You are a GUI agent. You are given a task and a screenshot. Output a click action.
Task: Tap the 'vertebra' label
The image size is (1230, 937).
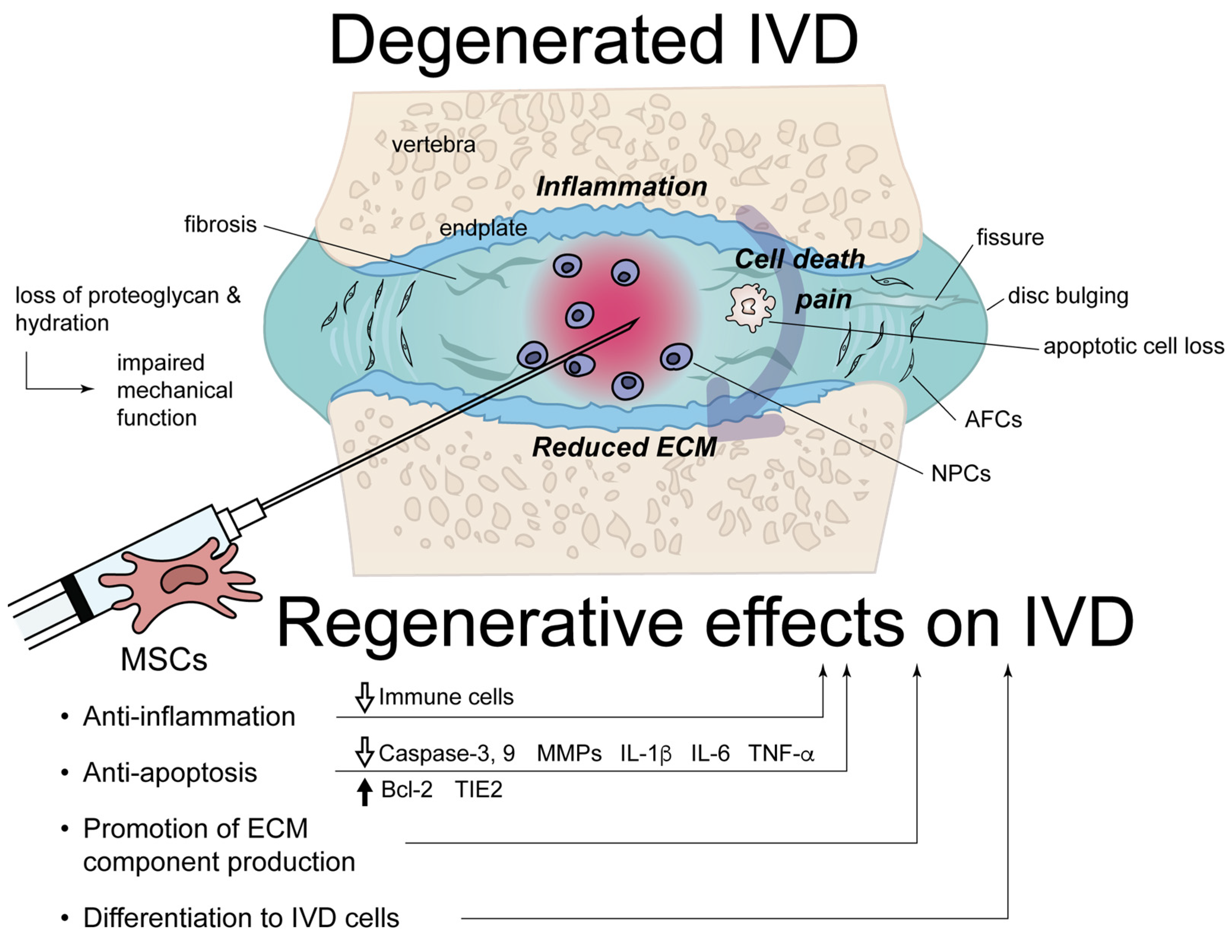(x=434, y=145)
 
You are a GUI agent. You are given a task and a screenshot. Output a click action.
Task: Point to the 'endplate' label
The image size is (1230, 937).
(x=483, y=228)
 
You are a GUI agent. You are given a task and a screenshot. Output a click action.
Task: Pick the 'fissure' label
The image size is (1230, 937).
(x=1010, y=237)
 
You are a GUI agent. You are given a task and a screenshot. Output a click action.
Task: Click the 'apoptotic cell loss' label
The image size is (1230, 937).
(x=1133, y=347)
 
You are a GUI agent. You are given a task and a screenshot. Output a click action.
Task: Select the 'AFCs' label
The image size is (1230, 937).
(x=993, y=419)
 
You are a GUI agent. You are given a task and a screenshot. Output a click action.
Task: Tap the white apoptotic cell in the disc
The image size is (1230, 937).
(x=750, y=307)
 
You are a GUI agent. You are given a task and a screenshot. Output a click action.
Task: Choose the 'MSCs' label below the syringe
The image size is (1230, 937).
(x=163, y=659)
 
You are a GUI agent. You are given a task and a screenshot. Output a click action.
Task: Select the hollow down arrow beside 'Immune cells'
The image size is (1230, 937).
(x=364, y=697)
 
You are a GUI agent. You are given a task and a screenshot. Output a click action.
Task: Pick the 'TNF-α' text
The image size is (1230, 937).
(x=781, y=753)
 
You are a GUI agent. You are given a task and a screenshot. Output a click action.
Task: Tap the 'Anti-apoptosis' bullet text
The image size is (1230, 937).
(x=169, y=772)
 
